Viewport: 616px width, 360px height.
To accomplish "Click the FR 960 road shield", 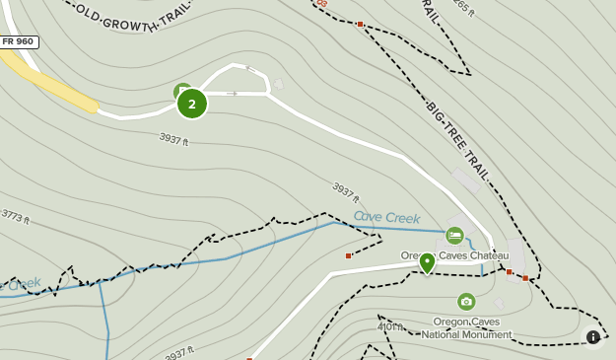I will pyautogui.click(x=19, y=41).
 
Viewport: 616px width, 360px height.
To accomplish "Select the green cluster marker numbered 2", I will pyautogui.click(x=192, y=103).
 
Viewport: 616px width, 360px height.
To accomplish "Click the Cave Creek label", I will pyautogui.click(x=386, y=218).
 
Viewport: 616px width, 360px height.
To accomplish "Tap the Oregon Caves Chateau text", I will pyautogui.click(x=454, y=255).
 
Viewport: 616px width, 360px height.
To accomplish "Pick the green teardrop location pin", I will pyautogui.click(x=427, y=263).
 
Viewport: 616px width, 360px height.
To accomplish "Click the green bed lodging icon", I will pyautogui.click(x=454, y=236).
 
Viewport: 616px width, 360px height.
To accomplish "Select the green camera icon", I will pyautogui.click(x=466, y=301).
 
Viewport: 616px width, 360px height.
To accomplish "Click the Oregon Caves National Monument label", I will pyautogui.click(x=466, y=327).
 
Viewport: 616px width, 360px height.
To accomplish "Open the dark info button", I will pyautogui.click(x=592, y=336).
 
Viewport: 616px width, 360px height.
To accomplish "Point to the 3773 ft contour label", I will pyautogui.click(x=18, y=216).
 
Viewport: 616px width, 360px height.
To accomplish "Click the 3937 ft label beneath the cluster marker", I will pyautogui.click(x=173, y=141).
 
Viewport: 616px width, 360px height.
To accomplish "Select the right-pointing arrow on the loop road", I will pyautogui.click(x=232, y=94).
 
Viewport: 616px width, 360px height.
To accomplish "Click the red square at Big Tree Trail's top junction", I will pyautogui.click(x=361, y=24).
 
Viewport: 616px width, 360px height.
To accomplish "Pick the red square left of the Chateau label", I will pyautogui.click(x=349, y=256).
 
